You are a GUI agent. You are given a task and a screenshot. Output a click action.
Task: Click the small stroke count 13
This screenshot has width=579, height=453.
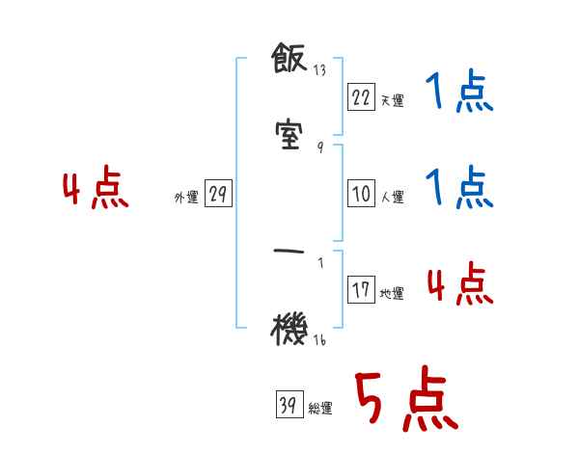click(319, 71)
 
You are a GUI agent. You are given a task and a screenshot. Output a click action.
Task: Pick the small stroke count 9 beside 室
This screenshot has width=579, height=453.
click(319, 147)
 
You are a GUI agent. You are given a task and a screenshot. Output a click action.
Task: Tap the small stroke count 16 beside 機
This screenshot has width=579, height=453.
click(319, 339)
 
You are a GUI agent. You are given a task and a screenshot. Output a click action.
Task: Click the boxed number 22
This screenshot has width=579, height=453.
click(361, 97)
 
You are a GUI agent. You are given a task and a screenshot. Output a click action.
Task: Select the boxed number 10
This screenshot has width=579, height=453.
click(361, 194)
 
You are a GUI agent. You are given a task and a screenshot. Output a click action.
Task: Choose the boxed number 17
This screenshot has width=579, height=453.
click(361, 290)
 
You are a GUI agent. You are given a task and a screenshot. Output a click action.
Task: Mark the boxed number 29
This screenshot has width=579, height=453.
click(218, 195)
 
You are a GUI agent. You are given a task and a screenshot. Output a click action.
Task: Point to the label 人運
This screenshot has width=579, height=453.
click(392, 198)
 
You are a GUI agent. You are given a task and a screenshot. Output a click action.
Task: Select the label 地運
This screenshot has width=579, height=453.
click(392, 294)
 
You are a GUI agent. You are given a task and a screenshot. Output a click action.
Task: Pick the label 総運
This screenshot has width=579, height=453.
click(320, 410)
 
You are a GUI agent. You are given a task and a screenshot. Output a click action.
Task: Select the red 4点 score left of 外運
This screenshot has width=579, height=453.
click(96, 190)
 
